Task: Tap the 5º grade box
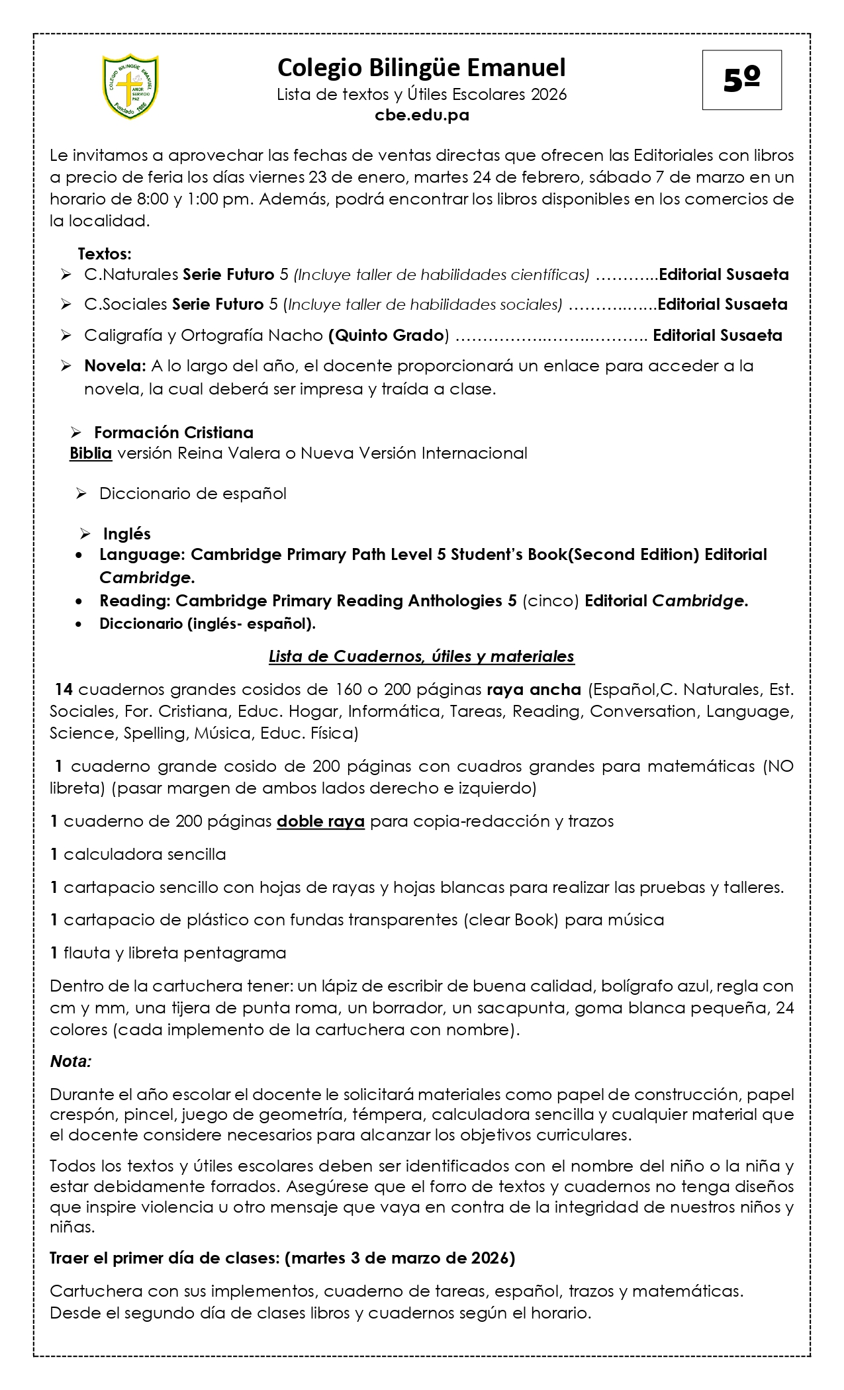pyautogui.click(x=741, y=80)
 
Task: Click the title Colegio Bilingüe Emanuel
pyautogui.click(x=422, y=68)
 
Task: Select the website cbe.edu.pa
pyautogui.click(x=422, y=115)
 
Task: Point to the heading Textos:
pyautogui.click(x=105, y=254)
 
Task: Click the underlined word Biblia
pyautogui.click(x=91, y=453)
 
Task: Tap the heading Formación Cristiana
pyautogui.click(x=173, y=433)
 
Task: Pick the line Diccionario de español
pyautogui.click(x=193, y=494)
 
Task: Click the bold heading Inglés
pyautogui.click(x=126, y=534)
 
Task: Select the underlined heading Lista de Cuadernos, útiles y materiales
pyautogui.click(x=422, y=657)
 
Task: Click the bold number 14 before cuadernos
pyautogui.click(x=64, y=690)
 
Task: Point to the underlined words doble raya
pyautogui.click(x=320, y=821)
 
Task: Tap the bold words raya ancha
pyautogui.click(x=534, y=690)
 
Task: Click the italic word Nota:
pyautogui.click(x=71, y=1062)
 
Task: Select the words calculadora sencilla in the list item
pyautogui.click(x=144, y=855)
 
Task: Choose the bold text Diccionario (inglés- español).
pyautogui.click(x=207, y=624)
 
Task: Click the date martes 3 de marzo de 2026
pyautogui.click(x=399, y=1258)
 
